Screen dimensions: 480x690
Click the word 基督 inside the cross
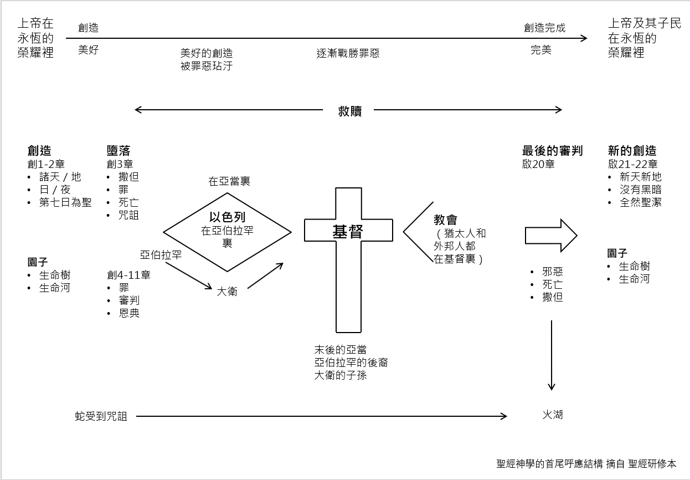click(348, 232)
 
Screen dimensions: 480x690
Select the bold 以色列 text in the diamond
click(227, 218)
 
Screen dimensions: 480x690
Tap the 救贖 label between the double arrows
click(349, 110)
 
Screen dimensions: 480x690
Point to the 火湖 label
click(553, 414)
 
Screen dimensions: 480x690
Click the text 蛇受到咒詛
click(101, 416)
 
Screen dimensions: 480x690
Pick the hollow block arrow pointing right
click(550, 236)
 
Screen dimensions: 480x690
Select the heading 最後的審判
click(552, 151)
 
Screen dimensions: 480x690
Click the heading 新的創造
click(632, 151)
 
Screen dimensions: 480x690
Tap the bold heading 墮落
click(119, 151)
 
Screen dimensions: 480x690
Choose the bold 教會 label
click(446, 220)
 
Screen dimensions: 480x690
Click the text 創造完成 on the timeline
click(545, 28)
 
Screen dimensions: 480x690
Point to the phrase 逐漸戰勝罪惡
click(348, 54)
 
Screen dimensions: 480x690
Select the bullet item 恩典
click(128, 313)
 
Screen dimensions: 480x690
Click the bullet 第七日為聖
click(65, 202)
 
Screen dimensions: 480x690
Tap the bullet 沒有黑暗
click(641, 190)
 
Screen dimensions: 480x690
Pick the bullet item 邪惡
click(553, 272)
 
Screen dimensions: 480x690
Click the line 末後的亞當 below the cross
click(341, 350)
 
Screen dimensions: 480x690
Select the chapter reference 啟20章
click(538, 164)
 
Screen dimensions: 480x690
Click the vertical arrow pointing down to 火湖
click(552, 355)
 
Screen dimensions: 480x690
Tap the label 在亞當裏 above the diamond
click(229, 181)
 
